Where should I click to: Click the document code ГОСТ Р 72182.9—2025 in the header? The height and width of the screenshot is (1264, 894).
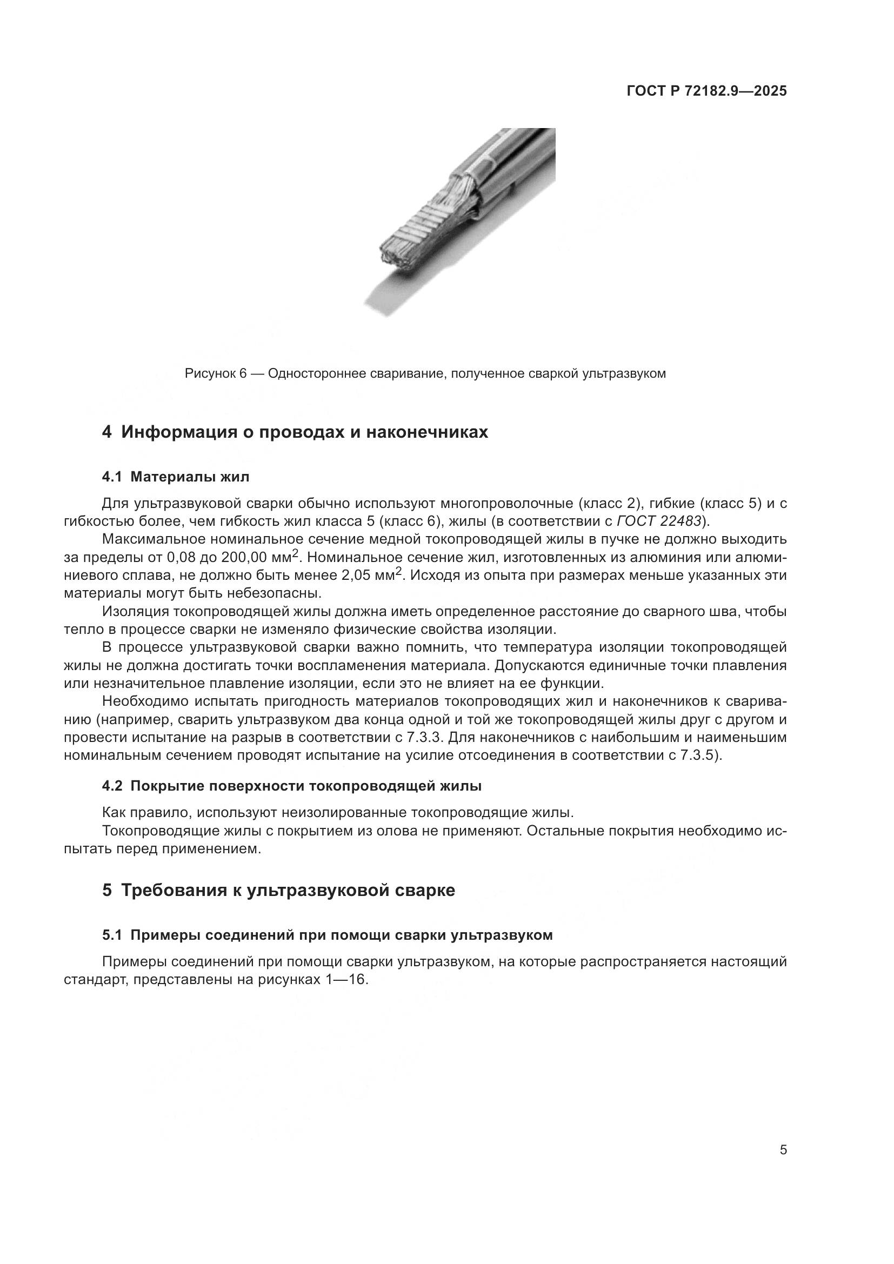[707, 91]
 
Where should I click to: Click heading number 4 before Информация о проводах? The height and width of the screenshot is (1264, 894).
[107, 432]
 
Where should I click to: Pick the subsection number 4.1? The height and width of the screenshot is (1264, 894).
[111, 477]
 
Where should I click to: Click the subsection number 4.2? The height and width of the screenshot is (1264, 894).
[112, 786]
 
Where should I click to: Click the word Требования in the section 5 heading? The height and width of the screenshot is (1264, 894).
[180, 891]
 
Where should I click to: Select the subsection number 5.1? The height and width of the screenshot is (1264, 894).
[111, 935]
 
